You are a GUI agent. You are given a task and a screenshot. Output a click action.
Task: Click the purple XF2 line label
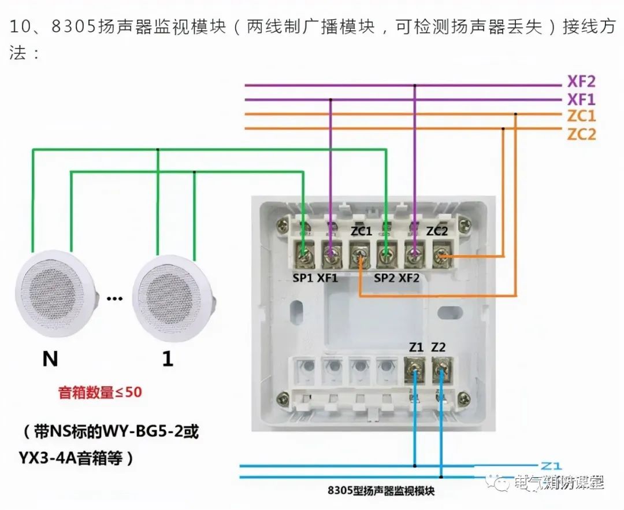[582, 81]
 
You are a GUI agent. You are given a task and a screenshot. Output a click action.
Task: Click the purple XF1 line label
[582, 99]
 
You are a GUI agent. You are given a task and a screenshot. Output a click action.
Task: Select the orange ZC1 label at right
[581, 116]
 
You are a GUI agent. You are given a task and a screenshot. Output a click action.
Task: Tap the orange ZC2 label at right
[581, 134]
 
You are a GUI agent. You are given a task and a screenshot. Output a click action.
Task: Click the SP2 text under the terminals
[385, 278]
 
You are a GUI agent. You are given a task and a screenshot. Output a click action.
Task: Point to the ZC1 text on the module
[361, 231]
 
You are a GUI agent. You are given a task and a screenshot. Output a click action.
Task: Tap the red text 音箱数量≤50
[99, 393]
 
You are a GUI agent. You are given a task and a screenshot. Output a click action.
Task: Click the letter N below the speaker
[50, 359]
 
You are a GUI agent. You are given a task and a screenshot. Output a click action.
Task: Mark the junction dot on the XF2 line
[414, 86]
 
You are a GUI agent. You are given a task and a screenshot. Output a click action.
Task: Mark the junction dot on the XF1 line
[331, 99]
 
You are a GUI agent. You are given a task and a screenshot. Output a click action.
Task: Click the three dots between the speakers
[115, 299]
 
